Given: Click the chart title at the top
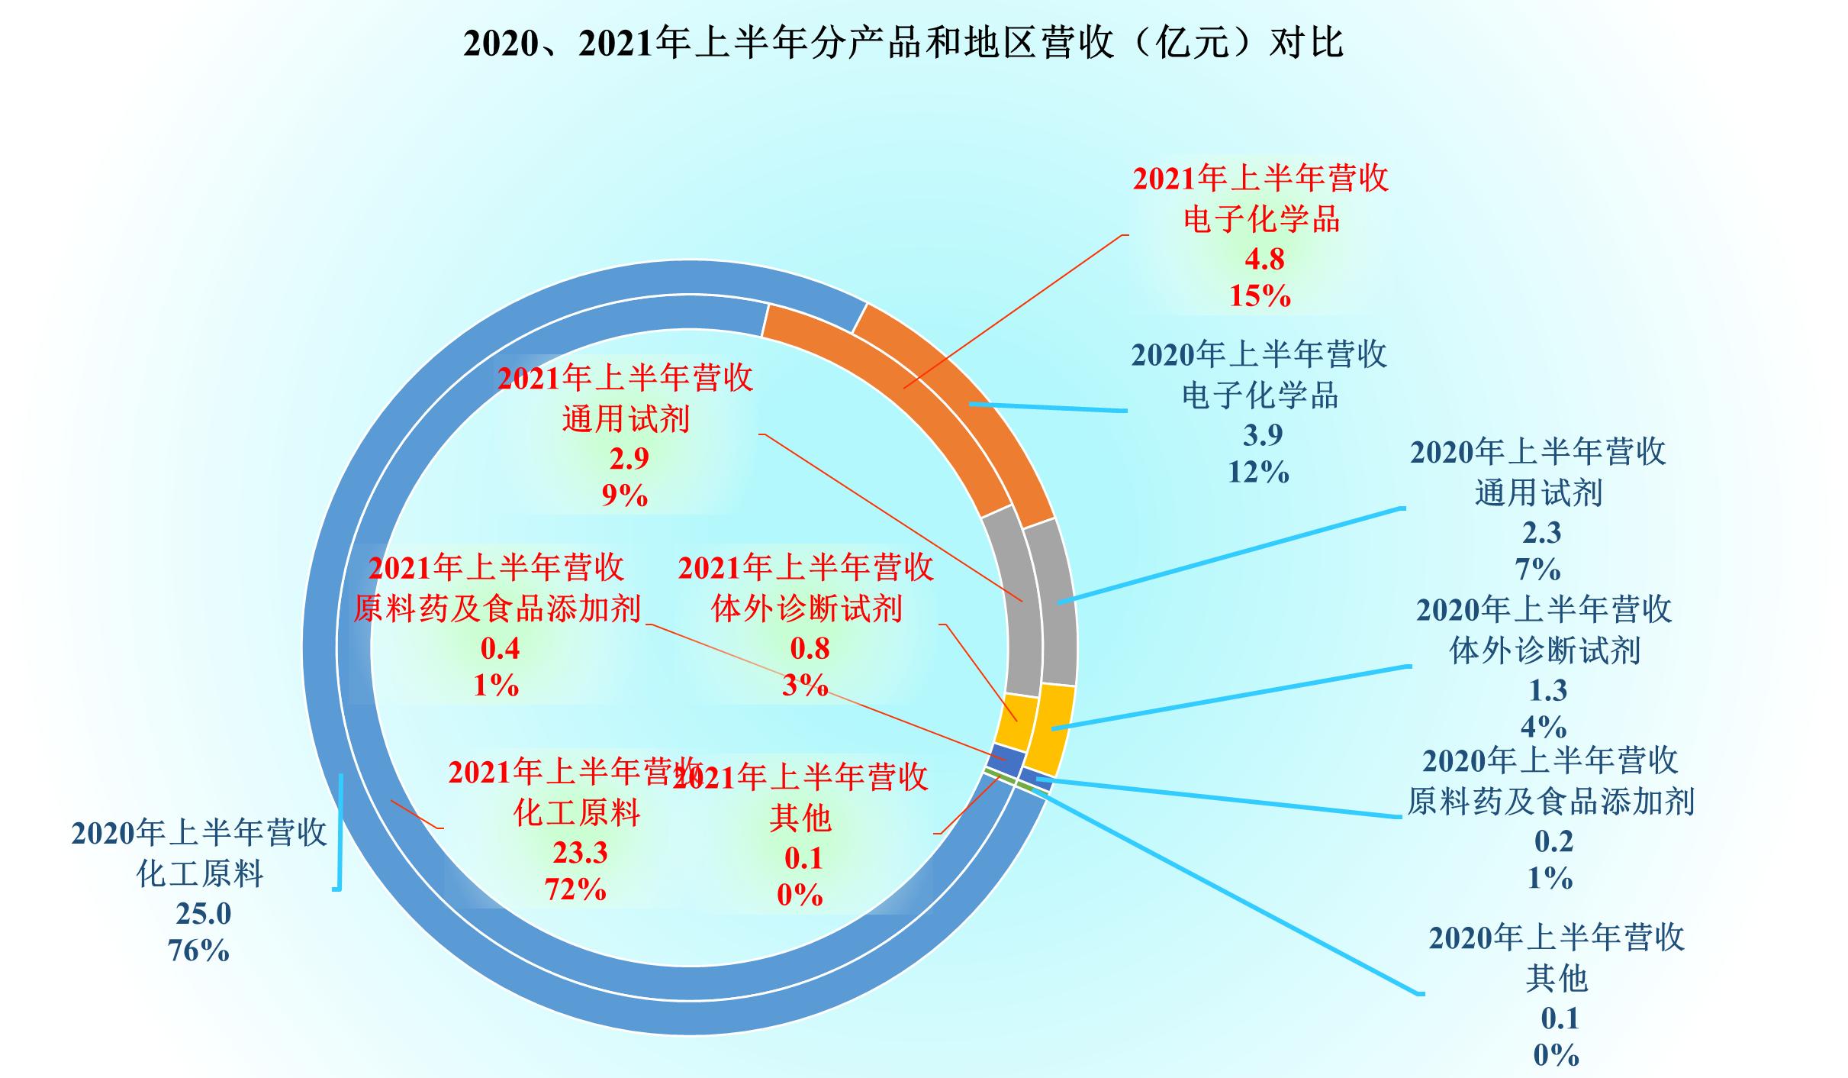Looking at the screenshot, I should coord(903,42).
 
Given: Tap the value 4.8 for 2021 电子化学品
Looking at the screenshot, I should coord(1264,260).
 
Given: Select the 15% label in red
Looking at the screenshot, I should coord(1260,296).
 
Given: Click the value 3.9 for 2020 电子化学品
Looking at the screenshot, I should coord(1262,435).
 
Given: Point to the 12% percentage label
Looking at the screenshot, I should coord(1258,473).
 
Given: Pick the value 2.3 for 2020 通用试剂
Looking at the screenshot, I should coord(1541,533).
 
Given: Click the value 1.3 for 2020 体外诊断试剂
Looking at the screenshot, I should coord(1547,691).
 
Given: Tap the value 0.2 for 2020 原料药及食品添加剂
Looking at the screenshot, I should coord(1553,841).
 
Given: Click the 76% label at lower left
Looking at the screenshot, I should coord(198,951).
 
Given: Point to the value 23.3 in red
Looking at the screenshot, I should coord(580,853).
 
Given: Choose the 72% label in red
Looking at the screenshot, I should coord(575,890).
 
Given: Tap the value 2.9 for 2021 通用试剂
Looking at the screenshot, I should coord(629,458).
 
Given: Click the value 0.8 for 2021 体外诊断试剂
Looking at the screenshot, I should coord(809,649).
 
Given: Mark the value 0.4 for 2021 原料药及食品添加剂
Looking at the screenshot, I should coord(500,649).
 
